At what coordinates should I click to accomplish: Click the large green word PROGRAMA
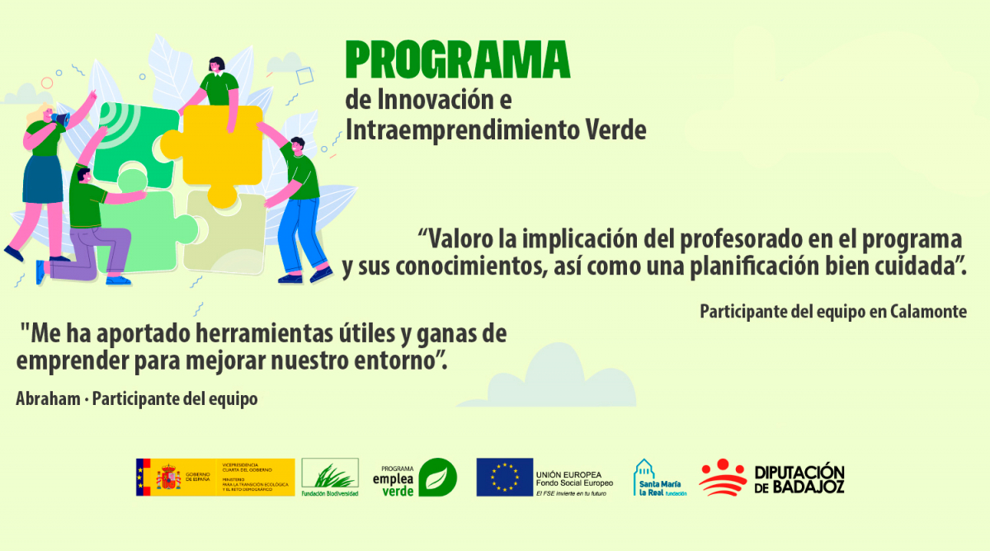click(457, 60)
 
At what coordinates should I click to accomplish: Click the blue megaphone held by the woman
click(60, 120)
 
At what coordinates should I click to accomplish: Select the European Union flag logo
click(503, 478)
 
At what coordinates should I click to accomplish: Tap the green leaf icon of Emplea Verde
click(437, 478)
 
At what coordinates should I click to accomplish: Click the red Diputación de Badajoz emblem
click(723, 478)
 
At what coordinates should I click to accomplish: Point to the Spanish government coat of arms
click(169, 478)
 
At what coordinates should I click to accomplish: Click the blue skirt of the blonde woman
click(43, 178)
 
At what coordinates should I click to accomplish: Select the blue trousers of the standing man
click(299, 231)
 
